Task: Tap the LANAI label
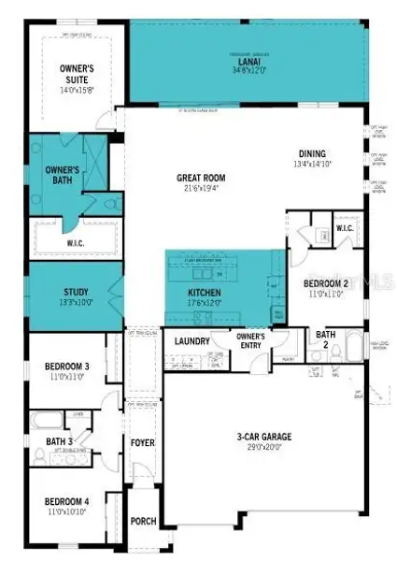click(x=248, y=59)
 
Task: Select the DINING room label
click(x=312, y=154)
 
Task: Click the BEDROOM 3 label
click(x=64, y=367)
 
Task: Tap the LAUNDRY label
click(x=192, y=341)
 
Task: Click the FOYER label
click(x=143, y=442)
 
